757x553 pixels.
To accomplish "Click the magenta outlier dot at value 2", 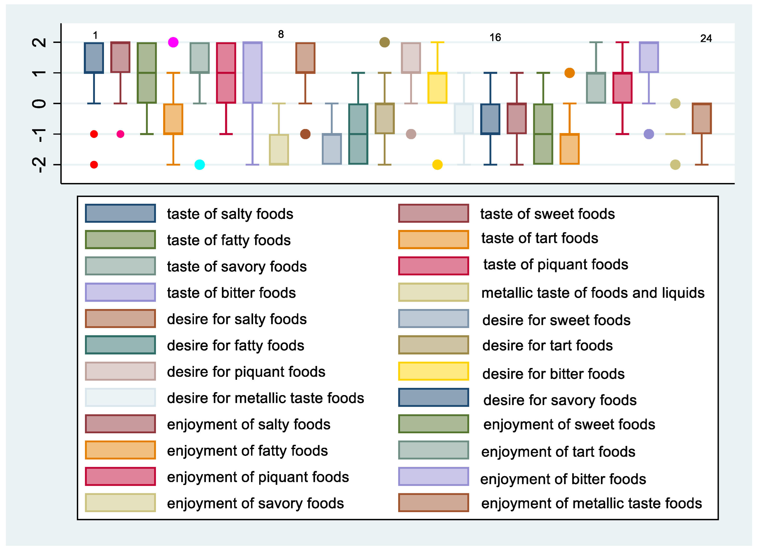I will [x=173, y=42].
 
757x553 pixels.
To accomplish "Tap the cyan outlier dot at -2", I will [x=200, y=165].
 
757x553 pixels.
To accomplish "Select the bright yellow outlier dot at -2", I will [x=437, y=165].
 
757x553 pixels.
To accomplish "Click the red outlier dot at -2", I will [x=94, y=165].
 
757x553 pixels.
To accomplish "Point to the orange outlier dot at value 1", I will [x=569, y=73].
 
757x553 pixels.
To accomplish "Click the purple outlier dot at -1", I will [x=649, y=134].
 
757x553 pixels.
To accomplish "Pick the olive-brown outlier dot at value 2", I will [x=385, y=42].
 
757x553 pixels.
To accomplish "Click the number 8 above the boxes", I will [x=281, y=34].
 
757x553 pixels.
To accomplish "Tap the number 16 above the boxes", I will [x=495, y=37].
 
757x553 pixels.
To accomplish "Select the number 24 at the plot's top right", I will [x=706, y=38].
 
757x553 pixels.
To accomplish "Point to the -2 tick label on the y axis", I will [x=39, y=164].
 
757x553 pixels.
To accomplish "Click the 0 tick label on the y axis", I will [x=39, y=103].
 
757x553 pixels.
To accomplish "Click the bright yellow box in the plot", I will [x=437, y=88].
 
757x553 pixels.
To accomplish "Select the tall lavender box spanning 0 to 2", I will [x=252, y=73].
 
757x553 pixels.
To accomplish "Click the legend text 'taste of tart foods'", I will [x=539, y=238].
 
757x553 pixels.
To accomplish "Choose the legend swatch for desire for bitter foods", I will [x=433, y=371].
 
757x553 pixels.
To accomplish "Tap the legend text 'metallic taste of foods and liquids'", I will [x=593, y=293].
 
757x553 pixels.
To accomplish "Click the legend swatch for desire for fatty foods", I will [x=120, y=345].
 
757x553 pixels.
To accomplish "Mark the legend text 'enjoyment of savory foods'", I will [x=255, y=503].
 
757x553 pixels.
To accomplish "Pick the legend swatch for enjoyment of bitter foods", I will [x=433, y=476].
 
